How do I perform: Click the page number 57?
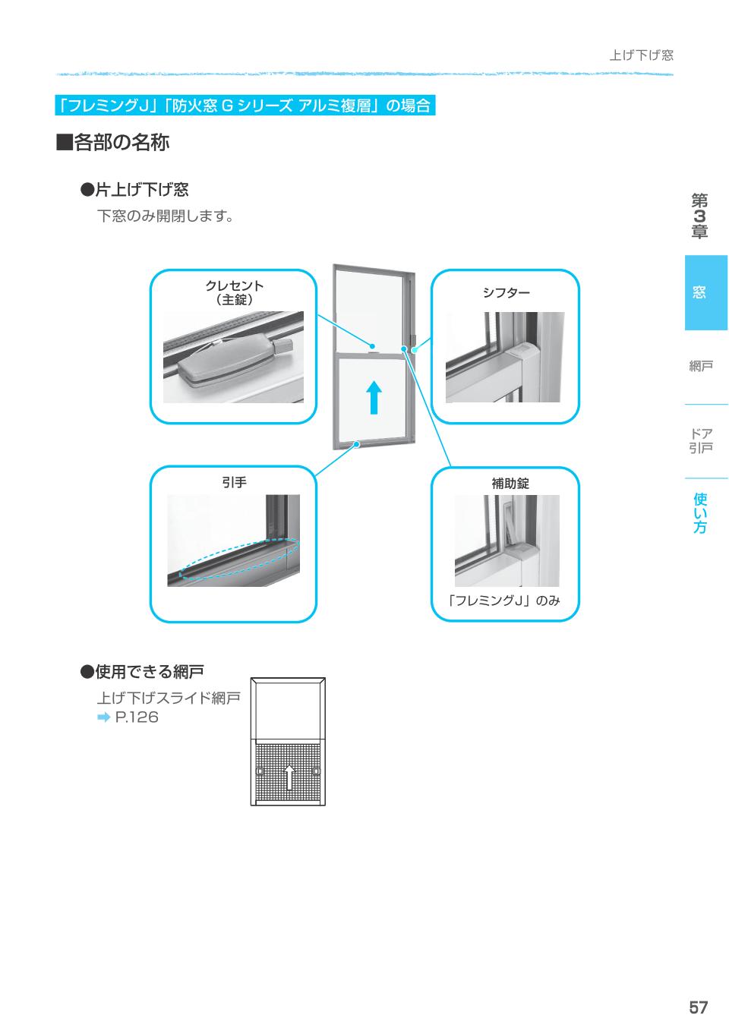click(698, 1007)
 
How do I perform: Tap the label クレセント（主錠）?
click(234, 292)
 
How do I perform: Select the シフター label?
click(506, 293)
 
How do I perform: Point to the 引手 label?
click(234, 482)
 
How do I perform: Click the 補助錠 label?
click(510, 484)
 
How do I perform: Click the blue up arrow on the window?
click(373, 396)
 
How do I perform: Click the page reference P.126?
click(137, 717)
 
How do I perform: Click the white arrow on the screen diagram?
click(289, 776)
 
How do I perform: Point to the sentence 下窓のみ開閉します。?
click(165, 216)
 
